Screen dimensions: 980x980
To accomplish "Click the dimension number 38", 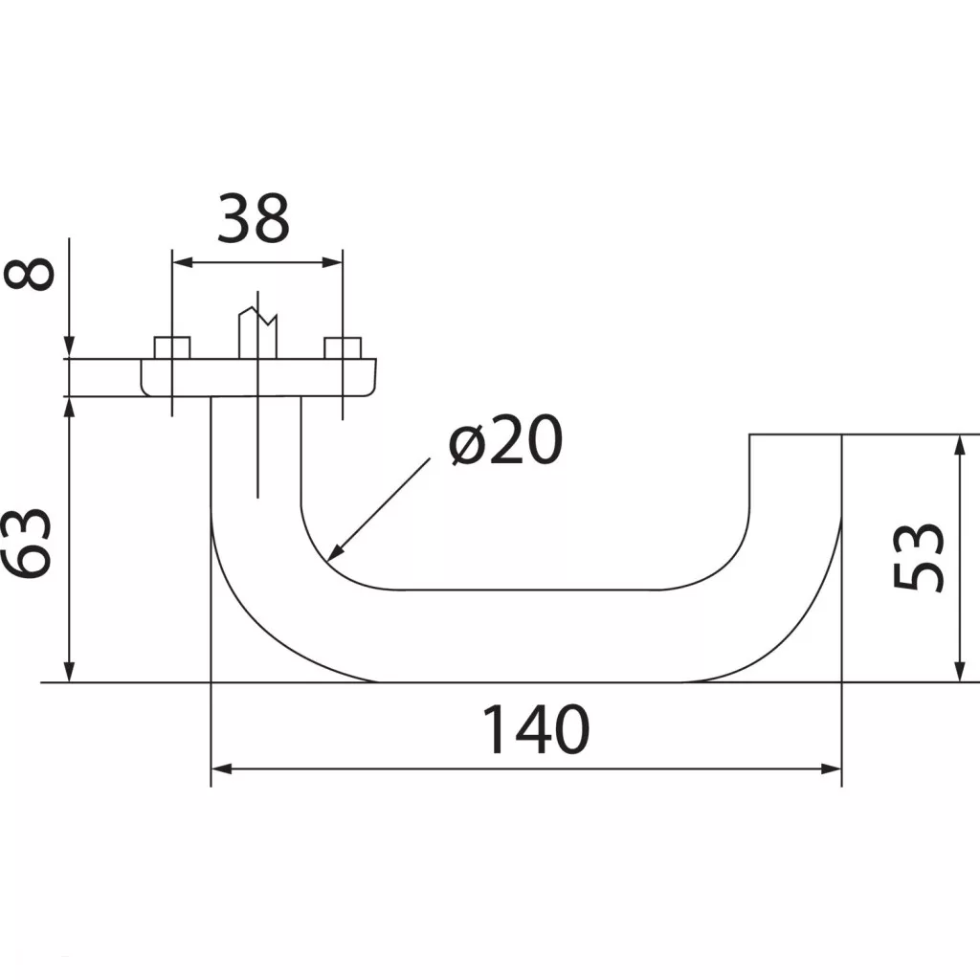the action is click(253, 219).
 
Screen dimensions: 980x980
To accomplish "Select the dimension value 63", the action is click(26, 544).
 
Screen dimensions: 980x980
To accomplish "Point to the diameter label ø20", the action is click(506, 439).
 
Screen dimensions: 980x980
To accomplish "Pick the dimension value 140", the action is click(536, 729).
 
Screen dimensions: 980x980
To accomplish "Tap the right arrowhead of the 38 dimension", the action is click(332, 262).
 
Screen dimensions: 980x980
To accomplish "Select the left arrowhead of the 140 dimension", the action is click(222, 768).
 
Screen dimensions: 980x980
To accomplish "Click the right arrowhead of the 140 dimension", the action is click(832, 768).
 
